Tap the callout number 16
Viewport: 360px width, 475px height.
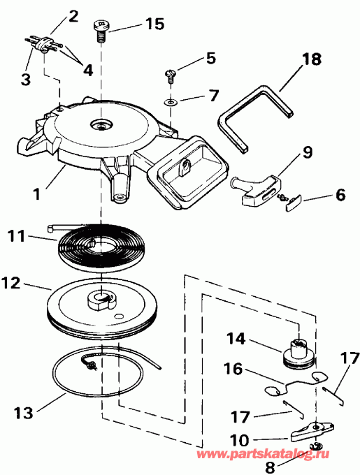[x=234, y=367]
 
